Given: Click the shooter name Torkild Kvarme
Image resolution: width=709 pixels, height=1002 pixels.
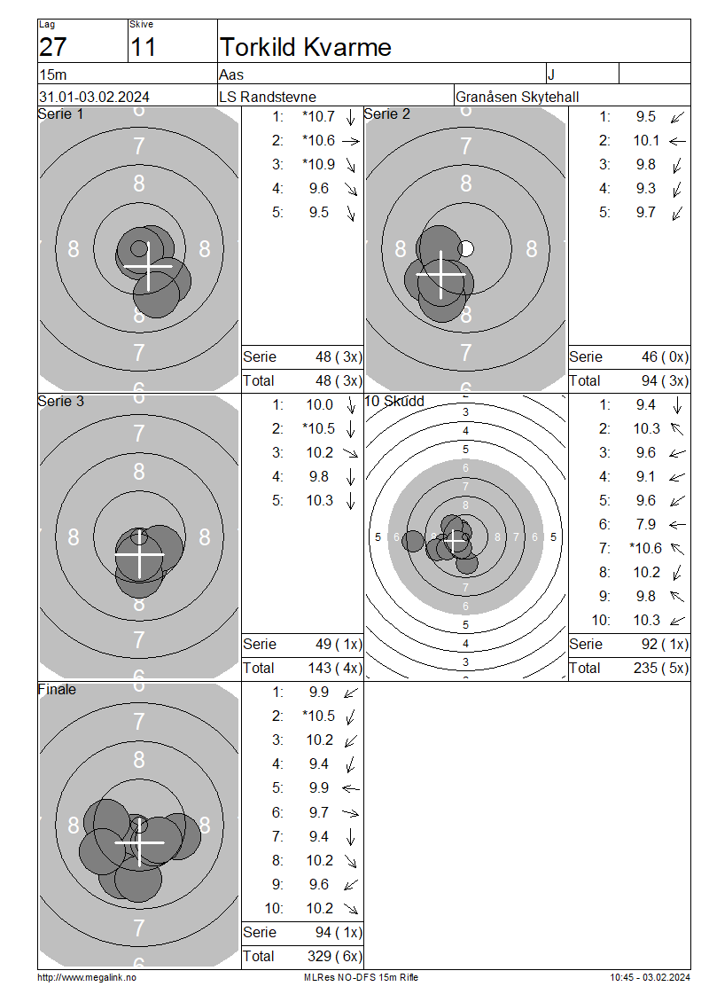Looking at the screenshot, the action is point(306,47).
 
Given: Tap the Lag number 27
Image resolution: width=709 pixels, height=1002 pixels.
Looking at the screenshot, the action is point(53,47).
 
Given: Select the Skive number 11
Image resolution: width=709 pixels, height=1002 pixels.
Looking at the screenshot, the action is point(143,47).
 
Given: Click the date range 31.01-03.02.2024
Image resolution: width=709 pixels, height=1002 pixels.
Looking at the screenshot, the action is point(95,98).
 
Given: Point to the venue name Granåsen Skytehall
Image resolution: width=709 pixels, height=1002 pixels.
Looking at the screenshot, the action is point(518,98).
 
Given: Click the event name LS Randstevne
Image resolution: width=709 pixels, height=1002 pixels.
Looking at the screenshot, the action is point(268,98).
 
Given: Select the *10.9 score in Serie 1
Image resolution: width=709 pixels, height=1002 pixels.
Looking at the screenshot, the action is point(319,164).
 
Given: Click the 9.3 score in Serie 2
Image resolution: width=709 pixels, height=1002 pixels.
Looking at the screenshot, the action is point(646,189).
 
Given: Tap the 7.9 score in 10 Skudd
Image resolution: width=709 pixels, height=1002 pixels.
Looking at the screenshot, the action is point(646,525).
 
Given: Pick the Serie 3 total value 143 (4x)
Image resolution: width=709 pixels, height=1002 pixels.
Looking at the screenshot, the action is point(335,669).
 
